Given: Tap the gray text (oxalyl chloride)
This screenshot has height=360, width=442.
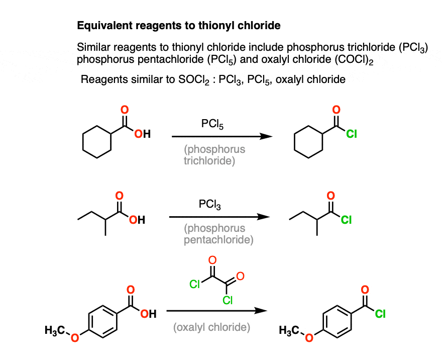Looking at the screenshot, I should (212, 327).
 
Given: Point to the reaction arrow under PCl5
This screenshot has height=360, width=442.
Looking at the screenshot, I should (222, 136).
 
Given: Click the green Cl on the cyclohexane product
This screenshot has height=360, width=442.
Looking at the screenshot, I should (352, 134).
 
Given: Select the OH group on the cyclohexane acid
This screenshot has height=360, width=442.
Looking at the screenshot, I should (142, 134).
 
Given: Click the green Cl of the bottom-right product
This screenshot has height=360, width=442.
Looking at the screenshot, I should (380, 314).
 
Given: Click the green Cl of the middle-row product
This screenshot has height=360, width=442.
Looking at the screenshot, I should (348, 220).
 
